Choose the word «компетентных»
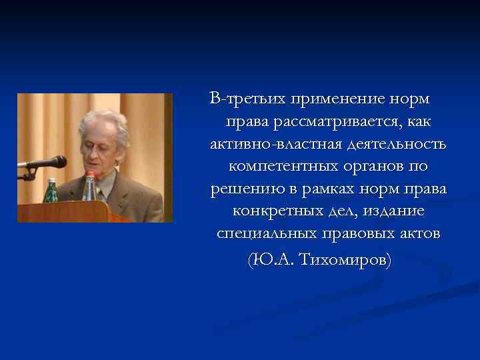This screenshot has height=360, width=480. (278, 167)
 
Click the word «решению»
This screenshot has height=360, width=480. (244, 189)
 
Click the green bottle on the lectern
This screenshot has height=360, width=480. (51, 191)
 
